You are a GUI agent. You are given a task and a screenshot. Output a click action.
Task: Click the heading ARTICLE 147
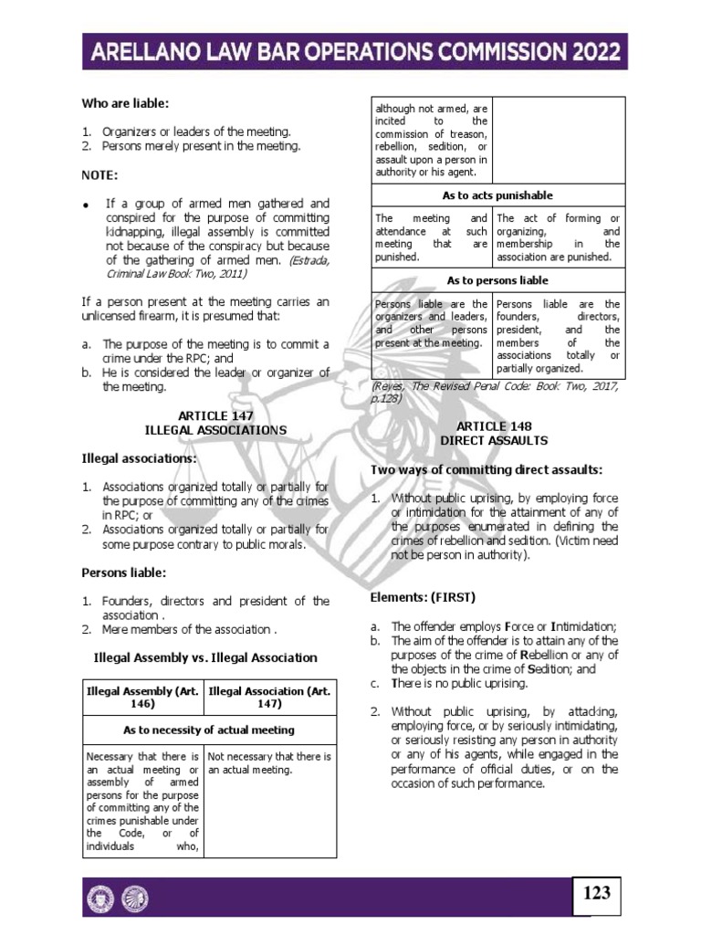pyautogui.click(x=215, y=415)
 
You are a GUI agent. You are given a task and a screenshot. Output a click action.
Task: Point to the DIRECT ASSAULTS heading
pyautogui.click(x=495, y=440)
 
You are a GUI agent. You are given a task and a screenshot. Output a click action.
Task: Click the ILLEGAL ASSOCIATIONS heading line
pyautogui.click(x=215, y=429)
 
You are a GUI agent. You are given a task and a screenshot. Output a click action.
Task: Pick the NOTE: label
pyautogui.click(x=98, y=174)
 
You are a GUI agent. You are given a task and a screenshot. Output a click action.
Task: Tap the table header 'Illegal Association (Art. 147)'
pyautogui.click(x=269, y=699)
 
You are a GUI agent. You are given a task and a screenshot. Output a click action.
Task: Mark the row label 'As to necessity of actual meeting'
pyautogui.click(x=209, y=730)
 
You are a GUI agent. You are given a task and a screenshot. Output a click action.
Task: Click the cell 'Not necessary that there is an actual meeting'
pyautogui.click(x=269, y=763)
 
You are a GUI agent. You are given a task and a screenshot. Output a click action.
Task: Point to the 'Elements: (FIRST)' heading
pyautogui.click(x=423, y=597)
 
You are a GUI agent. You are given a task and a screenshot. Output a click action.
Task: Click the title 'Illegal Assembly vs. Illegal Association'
pyautogui.click(x=206, y=657)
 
